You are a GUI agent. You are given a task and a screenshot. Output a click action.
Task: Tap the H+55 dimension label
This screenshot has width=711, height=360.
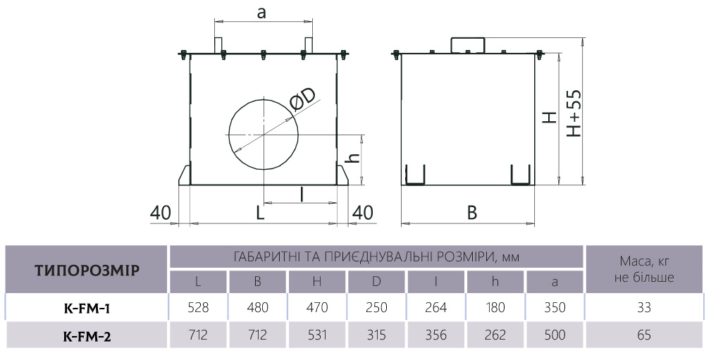(574, 113)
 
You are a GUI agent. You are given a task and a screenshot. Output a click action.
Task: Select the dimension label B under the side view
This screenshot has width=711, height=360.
(472, 213)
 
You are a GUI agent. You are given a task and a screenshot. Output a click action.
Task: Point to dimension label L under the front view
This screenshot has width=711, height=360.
(260, 213)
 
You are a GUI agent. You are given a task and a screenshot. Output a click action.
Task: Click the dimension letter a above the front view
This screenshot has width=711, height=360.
(261, 13)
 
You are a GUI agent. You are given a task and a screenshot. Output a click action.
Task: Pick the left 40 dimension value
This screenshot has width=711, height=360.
(161, 213)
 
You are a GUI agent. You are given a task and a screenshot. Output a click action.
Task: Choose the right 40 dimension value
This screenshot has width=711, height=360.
(363, 213)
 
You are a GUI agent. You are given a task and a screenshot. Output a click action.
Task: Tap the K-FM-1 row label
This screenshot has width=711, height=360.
(87, 309)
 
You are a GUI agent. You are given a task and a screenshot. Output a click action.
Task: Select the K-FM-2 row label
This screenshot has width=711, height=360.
(87, 336)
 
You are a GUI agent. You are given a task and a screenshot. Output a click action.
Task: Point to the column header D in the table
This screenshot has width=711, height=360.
(376, 282)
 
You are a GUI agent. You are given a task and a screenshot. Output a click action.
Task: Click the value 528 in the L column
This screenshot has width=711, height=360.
(198, 308)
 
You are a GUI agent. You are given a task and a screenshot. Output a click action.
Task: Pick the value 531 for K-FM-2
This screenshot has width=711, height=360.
(317, 335)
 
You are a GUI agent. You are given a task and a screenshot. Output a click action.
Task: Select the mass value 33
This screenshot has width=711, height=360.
(644, 308)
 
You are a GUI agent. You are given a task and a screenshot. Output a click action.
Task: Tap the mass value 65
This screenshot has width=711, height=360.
(644, 335)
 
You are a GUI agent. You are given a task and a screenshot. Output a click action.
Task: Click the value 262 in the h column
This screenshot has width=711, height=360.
(495, 335)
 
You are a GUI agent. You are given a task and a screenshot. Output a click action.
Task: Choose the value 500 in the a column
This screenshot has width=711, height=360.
(555, 335)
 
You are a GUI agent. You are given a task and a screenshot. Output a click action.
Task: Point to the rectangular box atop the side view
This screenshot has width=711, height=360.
(467, 45)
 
